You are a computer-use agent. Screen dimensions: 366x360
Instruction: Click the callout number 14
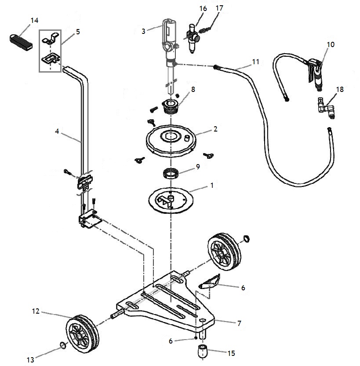34,20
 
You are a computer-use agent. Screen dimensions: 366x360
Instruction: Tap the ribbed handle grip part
22,38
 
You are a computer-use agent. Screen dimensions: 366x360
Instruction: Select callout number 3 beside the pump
143,31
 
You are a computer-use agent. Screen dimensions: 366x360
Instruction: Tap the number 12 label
36,311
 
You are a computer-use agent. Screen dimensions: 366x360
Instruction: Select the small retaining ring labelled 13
63,346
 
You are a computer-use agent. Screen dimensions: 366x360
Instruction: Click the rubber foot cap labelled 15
203,352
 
